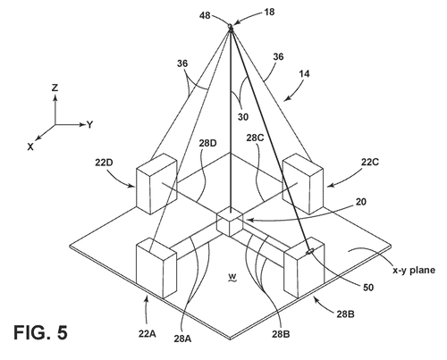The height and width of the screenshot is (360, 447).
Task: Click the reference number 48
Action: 205,15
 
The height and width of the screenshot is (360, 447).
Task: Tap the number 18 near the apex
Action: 269,13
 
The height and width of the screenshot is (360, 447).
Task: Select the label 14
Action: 304,73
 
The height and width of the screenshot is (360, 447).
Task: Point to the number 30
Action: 243,117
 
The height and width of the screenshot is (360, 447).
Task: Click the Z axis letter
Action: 55,88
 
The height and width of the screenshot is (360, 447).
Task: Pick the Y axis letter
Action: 89,125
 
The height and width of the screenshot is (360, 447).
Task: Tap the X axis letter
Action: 30,147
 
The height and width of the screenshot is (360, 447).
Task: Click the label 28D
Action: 207,143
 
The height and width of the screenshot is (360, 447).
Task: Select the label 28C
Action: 255,138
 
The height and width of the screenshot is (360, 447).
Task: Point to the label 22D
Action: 104,163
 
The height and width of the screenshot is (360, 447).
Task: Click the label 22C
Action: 370,162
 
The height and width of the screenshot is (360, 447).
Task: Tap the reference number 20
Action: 360,202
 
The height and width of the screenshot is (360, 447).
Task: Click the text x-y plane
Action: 414,271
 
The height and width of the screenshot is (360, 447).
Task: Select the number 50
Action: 368,288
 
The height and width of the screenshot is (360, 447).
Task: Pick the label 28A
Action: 182,339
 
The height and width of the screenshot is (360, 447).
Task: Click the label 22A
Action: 148,334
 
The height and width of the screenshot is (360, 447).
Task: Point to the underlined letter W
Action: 232,278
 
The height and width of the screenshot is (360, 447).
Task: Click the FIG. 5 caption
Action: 40,332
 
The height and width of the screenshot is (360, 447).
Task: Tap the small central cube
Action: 230,222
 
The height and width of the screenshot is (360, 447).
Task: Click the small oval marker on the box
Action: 310,252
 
